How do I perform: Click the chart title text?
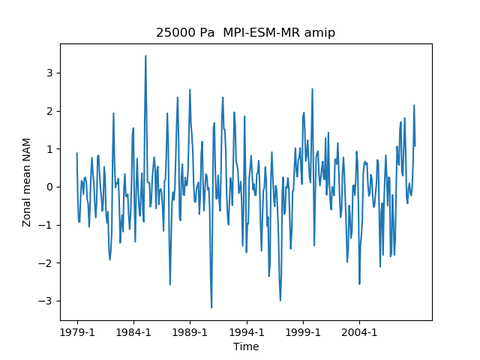click(x=245, y=33)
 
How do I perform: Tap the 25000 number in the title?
click(x=174, y=33)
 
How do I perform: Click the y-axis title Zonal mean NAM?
click(x=27, y=182)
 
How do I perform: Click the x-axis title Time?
click(x=246, y=346)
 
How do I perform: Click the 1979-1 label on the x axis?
click(x=76, y=332)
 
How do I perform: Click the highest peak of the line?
click(x=145, y=56)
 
